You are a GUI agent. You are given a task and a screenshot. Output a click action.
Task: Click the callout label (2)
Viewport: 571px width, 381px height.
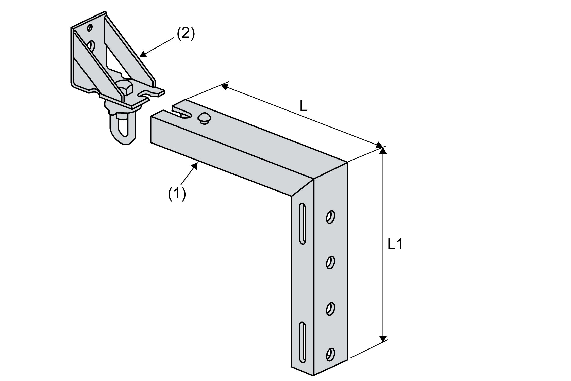coord(186,34)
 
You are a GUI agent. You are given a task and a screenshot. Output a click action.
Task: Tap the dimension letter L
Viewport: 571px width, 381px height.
coord(304,106)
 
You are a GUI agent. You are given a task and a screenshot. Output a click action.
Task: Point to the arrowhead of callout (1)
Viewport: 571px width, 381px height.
coord(195,166)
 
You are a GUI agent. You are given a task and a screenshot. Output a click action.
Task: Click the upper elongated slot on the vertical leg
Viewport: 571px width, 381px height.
coord(302,224)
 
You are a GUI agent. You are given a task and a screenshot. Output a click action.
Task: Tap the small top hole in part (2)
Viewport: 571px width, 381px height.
coord(89,27)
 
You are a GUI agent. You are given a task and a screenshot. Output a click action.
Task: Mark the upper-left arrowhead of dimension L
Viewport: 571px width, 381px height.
coord(224,87)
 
